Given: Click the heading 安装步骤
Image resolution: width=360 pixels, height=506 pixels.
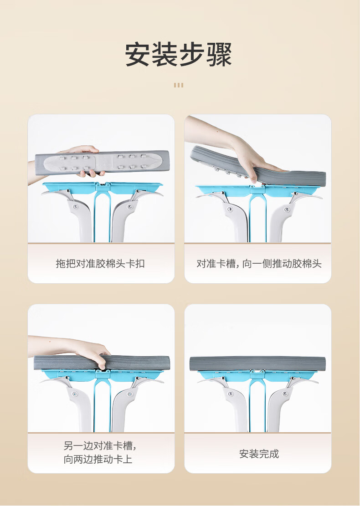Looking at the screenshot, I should coord(179,55).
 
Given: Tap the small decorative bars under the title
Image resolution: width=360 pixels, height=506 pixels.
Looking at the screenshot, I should coord(179,85).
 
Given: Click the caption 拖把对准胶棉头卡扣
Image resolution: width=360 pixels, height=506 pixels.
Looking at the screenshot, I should coord(100,264).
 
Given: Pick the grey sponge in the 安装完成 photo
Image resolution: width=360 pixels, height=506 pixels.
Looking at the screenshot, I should coord(257,363).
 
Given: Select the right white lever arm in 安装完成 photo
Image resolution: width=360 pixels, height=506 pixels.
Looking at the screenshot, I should coord(279,408).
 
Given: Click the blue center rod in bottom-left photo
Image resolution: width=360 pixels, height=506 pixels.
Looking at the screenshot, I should coord(102,405).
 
